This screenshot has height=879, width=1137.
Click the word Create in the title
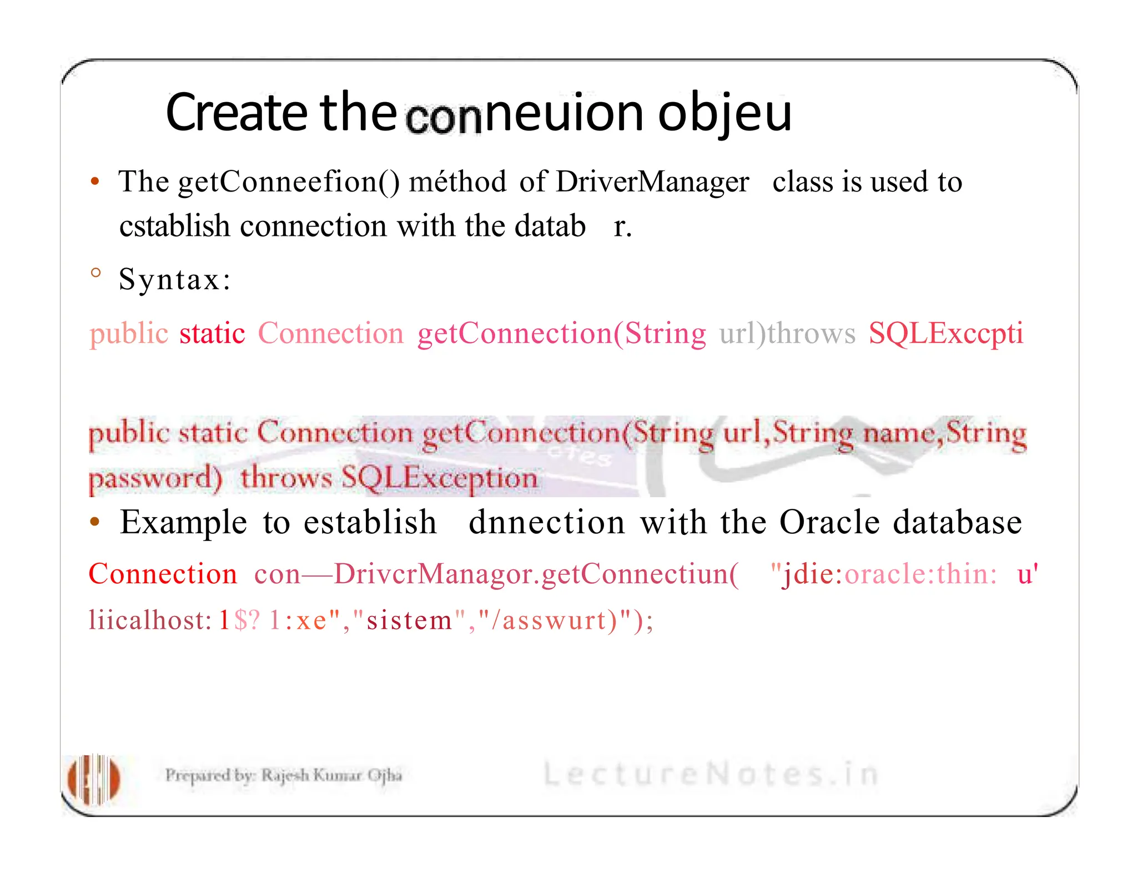pyautogui.click(x=236, y=113)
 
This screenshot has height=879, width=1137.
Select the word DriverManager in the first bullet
pyautogui.click(x=652, y=182)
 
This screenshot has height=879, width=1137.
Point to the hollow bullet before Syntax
pyautogui.click(x=95, y=272)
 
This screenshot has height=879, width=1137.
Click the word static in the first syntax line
pyautogui.click(x=212, y=334)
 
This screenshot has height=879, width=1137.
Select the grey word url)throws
pyautogui.click(x=787, y=334)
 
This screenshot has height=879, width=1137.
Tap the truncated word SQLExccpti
pyautogui.click(x=945, y=334)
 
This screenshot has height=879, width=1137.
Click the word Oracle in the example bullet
pyautogui.click(x=829, y=523)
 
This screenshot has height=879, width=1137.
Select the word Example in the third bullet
pyautogui.click(x=184, y=523)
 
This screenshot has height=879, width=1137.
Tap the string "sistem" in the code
pyautogui.click(x=409, y=620)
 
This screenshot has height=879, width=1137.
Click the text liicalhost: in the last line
pyautogui.click(x=150, y=620)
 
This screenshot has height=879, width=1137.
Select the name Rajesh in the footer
pyautogui.click(x=285, y=775)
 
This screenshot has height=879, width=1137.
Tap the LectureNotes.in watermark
pyautogui.click(x=711, y=774)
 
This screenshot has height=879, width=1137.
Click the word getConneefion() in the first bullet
pyautogui.click(x=289, y=182)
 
